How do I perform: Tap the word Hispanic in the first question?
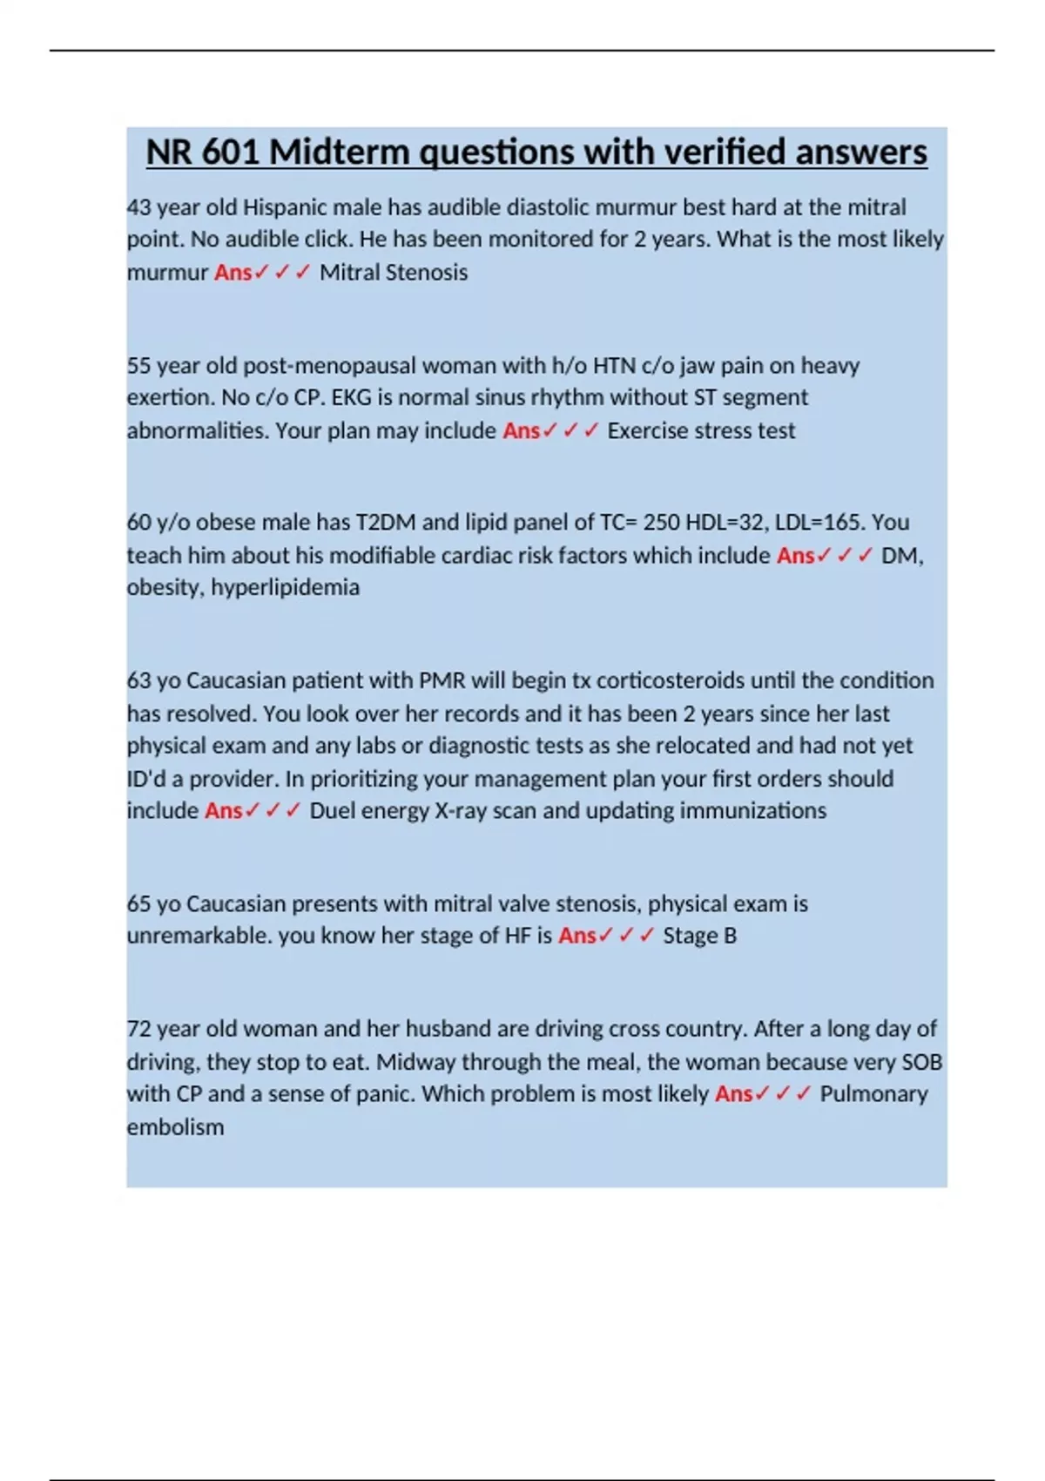282,207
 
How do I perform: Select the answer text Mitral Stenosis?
394,273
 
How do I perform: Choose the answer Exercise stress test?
701,430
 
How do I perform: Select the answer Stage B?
699,936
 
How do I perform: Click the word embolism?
175,1127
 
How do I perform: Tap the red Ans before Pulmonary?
733,1094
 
